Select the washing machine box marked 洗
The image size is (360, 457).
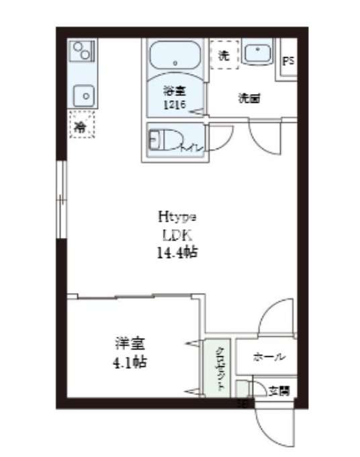tap(224, 55)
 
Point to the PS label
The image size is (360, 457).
tap(289, 61)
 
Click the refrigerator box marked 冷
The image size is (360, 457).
tap(82, 124)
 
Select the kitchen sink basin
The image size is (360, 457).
tap(85, 95)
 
